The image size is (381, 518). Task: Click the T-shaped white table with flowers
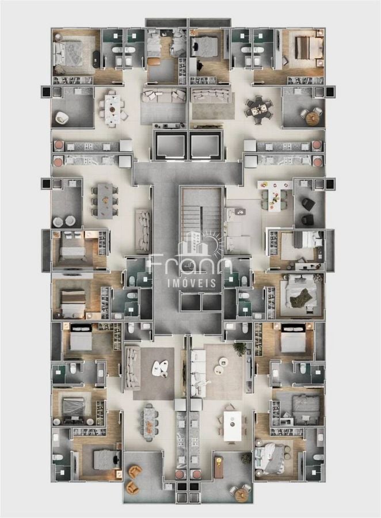[x=275, y=195]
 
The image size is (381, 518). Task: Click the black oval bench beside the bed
[x=96, y=59]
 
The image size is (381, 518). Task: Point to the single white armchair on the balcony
[x=62, y=117]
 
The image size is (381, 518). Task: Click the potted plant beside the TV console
[x=239, y=348]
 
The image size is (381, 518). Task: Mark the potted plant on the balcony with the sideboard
[x=246, y=458]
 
